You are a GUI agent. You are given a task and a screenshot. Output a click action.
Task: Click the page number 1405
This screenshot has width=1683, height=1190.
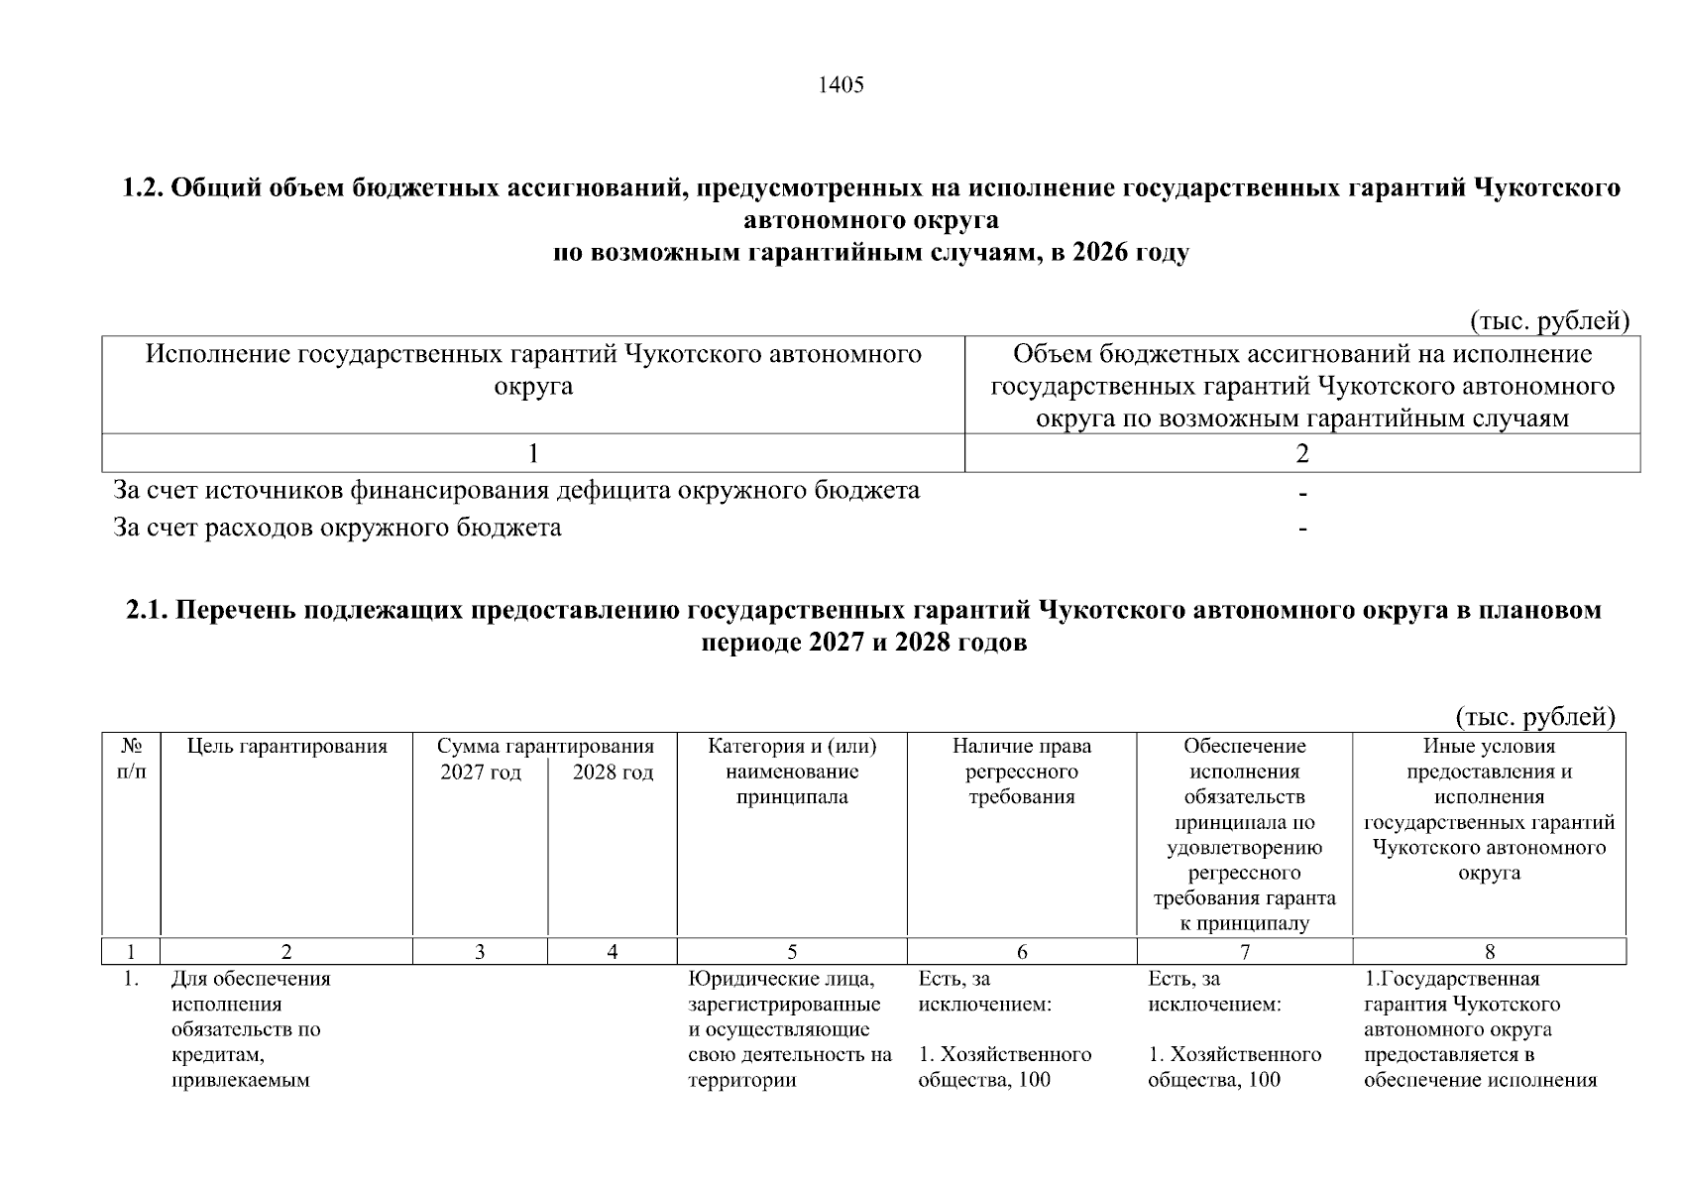click(841, 85)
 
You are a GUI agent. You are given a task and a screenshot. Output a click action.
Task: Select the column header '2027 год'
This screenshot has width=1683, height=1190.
click(480, 773)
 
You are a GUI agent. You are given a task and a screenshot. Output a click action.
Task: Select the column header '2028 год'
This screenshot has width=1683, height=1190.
click(613, 773)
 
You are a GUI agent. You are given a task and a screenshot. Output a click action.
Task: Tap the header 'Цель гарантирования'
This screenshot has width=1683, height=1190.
click(286, 747)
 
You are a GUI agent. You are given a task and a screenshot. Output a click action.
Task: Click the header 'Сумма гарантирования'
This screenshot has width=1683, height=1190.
click(545, 747)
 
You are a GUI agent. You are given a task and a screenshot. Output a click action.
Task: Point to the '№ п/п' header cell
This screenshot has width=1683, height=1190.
click(131, 759)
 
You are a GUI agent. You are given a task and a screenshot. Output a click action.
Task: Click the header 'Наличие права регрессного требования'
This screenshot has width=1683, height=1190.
click(1021, 773)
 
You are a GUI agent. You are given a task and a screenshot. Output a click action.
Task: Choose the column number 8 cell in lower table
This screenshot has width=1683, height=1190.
click(1489, 952)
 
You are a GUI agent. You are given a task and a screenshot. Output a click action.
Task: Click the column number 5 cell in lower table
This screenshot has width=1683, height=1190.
click(791, 952)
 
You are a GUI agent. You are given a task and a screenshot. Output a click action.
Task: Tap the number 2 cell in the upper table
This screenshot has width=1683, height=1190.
click(1301, 454)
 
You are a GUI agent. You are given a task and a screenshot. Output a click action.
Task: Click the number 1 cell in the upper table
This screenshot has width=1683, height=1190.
click(533, 454)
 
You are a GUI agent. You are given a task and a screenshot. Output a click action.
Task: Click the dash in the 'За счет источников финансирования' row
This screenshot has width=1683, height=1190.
click(1302, 493)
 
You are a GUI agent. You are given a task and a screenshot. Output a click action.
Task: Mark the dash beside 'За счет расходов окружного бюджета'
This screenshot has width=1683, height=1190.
click(1302, 530)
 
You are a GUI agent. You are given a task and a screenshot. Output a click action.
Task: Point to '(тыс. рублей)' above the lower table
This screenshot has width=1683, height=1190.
click(1535, 716)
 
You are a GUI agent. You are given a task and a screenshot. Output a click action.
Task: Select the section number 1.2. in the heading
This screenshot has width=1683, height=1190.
click(143, 188)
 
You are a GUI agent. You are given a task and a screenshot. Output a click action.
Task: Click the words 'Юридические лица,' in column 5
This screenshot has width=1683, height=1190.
click(781, 980)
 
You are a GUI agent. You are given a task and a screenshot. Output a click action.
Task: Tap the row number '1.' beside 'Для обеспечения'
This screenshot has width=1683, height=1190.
click(130, 980)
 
